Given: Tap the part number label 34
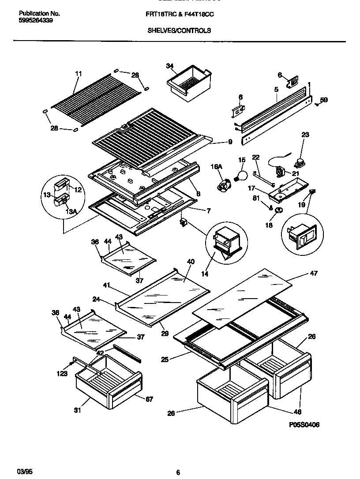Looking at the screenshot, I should (169, 66).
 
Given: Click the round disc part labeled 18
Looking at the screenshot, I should (278, 211).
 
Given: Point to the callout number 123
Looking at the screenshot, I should (62, 374).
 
